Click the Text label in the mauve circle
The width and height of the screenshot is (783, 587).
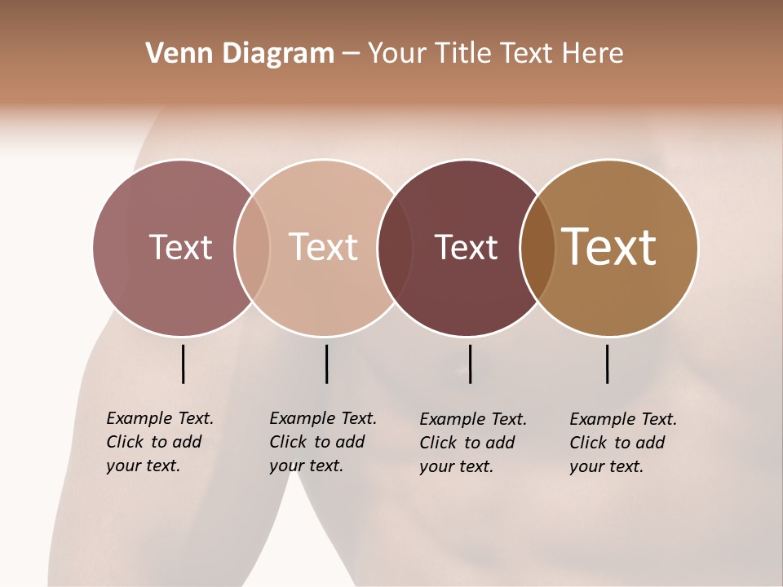[x=180, y=247]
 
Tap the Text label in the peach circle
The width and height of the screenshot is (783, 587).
[x=323, y=247]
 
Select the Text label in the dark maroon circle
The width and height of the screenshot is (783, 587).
[x=466, y=247]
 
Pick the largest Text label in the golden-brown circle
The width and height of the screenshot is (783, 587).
[x=609, y=247]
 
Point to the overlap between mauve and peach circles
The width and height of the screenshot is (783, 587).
[x=252, y=247]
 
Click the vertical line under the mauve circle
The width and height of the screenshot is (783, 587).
[x=183, y=364]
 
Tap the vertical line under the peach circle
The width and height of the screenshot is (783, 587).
[x=326, y=364]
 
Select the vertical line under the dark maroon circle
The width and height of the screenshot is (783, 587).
[x=471, y=364]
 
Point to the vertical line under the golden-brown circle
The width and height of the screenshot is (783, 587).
[x=607, y=364]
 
